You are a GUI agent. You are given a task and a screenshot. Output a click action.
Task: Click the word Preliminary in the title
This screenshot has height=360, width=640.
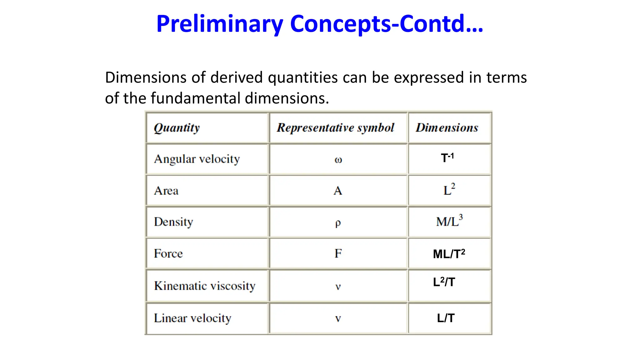click(220, 24)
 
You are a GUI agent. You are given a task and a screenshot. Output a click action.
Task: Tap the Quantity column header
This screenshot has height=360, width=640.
click(177, 128)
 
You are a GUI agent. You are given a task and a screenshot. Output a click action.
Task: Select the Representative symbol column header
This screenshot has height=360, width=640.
click(335, 128)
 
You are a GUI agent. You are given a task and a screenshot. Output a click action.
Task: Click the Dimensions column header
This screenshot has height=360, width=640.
click(447, 128)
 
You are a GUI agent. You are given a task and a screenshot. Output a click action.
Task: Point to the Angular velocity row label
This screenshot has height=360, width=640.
click(197, 159)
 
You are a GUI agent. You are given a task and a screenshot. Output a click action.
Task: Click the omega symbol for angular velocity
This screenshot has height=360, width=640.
click(338, 160)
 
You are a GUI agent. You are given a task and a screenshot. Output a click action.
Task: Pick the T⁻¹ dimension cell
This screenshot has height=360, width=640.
click(447, 158)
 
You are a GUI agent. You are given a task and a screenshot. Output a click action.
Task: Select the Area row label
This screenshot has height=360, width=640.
click(166, 191)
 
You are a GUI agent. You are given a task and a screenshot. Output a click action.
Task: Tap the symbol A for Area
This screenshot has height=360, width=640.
click(338, 191)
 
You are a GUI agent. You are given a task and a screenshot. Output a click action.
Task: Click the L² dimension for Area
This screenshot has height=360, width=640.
click(449, 190)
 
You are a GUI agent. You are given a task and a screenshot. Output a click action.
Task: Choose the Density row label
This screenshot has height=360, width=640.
click(173, 222)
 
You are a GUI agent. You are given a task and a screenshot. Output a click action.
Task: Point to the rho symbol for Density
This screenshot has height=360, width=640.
click(338, 223)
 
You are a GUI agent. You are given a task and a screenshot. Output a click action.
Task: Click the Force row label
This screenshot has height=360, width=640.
click(168, 253)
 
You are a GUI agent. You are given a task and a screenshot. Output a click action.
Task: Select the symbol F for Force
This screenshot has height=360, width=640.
click(338, 253)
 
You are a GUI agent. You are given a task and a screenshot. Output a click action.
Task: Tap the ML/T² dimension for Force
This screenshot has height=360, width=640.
click(449, 254)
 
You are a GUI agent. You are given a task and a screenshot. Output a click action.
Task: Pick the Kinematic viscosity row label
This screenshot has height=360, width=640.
click(205, 286)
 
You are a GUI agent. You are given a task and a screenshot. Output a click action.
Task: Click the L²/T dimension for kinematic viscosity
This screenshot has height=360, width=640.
click(444, 282)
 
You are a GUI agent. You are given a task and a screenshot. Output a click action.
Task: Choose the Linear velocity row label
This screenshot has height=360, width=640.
click(192, 318)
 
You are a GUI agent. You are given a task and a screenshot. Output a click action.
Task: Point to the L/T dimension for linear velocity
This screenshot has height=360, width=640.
click(446, 318)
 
